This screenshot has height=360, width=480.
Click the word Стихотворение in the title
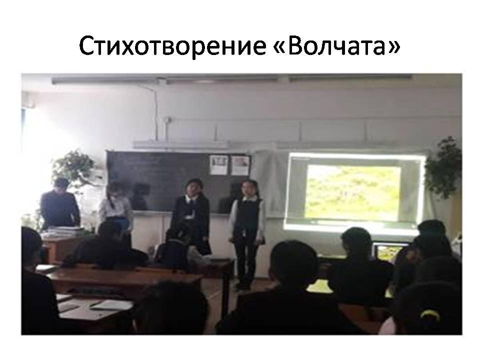pos(172,46)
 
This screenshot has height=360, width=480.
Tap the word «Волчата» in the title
pos(336,45)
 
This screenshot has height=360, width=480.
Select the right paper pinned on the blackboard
pos(240,165)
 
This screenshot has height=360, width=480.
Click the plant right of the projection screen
pos(443,168)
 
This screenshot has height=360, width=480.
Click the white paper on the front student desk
pos(111,304)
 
